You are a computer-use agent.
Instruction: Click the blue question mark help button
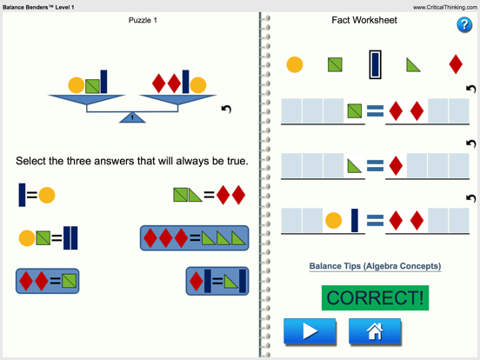[x=463, y=24]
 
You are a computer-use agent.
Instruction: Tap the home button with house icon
[x=375, y=331]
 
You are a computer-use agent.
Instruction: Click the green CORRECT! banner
[x=376, y=297]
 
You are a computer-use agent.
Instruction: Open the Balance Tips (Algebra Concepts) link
[x=375, y=266]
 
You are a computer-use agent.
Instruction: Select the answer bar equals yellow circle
[x=37, y=195]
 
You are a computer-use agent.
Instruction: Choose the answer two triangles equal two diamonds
[x=209, y=196]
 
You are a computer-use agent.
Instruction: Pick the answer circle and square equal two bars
[x=48, y=237]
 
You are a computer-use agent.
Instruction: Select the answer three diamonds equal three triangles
[x=194, y=237]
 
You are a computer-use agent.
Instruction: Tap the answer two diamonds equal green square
[x=48, y=281]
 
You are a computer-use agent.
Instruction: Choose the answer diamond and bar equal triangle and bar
[x=217, y=281]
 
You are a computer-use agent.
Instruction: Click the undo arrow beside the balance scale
[x=226, y=109]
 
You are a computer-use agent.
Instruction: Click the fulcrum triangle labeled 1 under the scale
[x=132, y=117]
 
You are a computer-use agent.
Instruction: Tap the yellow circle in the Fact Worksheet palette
[x=295, y=64]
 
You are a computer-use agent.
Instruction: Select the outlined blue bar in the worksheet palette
[x=375, y=64]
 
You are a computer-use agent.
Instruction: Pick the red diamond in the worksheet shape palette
[x=455, y=64]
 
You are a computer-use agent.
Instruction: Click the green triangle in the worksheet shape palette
[x=414, y=64]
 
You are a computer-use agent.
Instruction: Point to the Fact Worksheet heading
[x=364, y=20]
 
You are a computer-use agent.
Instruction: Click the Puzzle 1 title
[x=143, y=20]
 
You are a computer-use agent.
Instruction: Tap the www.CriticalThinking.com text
[x=443, y=7]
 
